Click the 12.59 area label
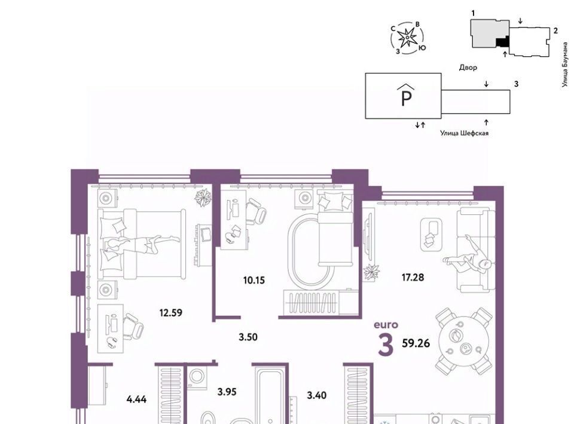[170, 313]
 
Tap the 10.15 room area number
[254, 280]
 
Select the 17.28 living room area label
[413, 278]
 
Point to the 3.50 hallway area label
[248, 337]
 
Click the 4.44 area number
[136, 400]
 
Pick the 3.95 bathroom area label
[227, 392]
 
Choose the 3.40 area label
[317, 395]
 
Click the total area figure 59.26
[416, 343]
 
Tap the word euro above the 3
[386, 325]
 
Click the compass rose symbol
[407, 38]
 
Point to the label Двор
[468, 67]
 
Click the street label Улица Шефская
[464, 133]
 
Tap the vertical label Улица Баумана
[566, 65]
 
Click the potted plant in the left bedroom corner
[203, 198]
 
